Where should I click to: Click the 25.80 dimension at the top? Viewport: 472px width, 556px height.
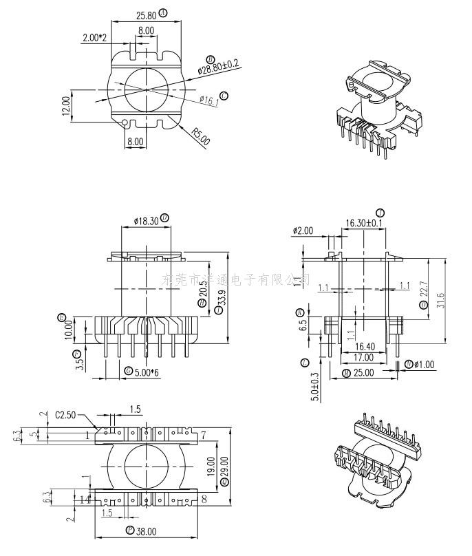pos(145,14)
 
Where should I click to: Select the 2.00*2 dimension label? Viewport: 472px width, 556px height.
pos(94,38)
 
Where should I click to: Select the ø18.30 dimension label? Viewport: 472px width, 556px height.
pos(144,220)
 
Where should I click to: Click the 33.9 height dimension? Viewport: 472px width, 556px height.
pos(221,298)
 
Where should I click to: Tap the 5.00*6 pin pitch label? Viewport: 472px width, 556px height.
pos(147,372)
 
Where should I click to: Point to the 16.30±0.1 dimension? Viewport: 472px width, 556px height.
pos(364,223)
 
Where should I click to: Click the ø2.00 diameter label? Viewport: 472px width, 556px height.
pos(303,231)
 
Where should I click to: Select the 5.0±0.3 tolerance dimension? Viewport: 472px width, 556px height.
pos(316,387)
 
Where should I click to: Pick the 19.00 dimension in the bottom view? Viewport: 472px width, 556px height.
pos(210,473)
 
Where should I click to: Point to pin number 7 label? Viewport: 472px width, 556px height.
pos(204,436)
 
